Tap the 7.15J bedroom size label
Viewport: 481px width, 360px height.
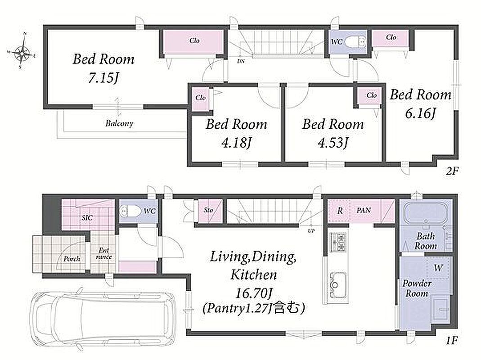103,78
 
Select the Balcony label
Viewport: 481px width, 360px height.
119,123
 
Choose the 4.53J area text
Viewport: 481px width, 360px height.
333,143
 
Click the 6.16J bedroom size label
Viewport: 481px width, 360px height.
420,114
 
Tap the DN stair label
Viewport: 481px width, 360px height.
241,61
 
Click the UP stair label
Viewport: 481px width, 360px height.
311,230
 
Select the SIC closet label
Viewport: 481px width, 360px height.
87,218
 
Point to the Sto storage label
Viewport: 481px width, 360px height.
208,210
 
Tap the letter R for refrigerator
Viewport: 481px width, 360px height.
340,211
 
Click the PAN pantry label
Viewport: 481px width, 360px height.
364,210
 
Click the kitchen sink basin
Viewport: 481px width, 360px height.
338,285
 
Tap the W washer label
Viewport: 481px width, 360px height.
438,268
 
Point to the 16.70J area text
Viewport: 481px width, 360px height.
253,294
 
